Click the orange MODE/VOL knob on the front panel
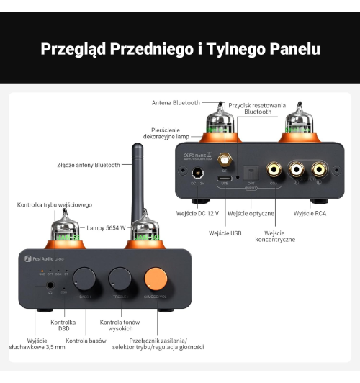156,278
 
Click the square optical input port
251,171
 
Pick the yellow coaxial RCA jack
274,171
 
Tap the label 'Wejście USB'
225,233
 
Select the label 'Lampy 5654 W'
106,227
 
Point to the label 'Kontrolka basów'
85,340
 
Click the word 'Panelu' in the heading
286,49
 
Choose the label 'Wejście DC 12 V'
197,214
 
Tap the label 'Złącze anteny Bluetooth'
89,165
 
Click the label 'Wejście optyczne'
251,214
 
